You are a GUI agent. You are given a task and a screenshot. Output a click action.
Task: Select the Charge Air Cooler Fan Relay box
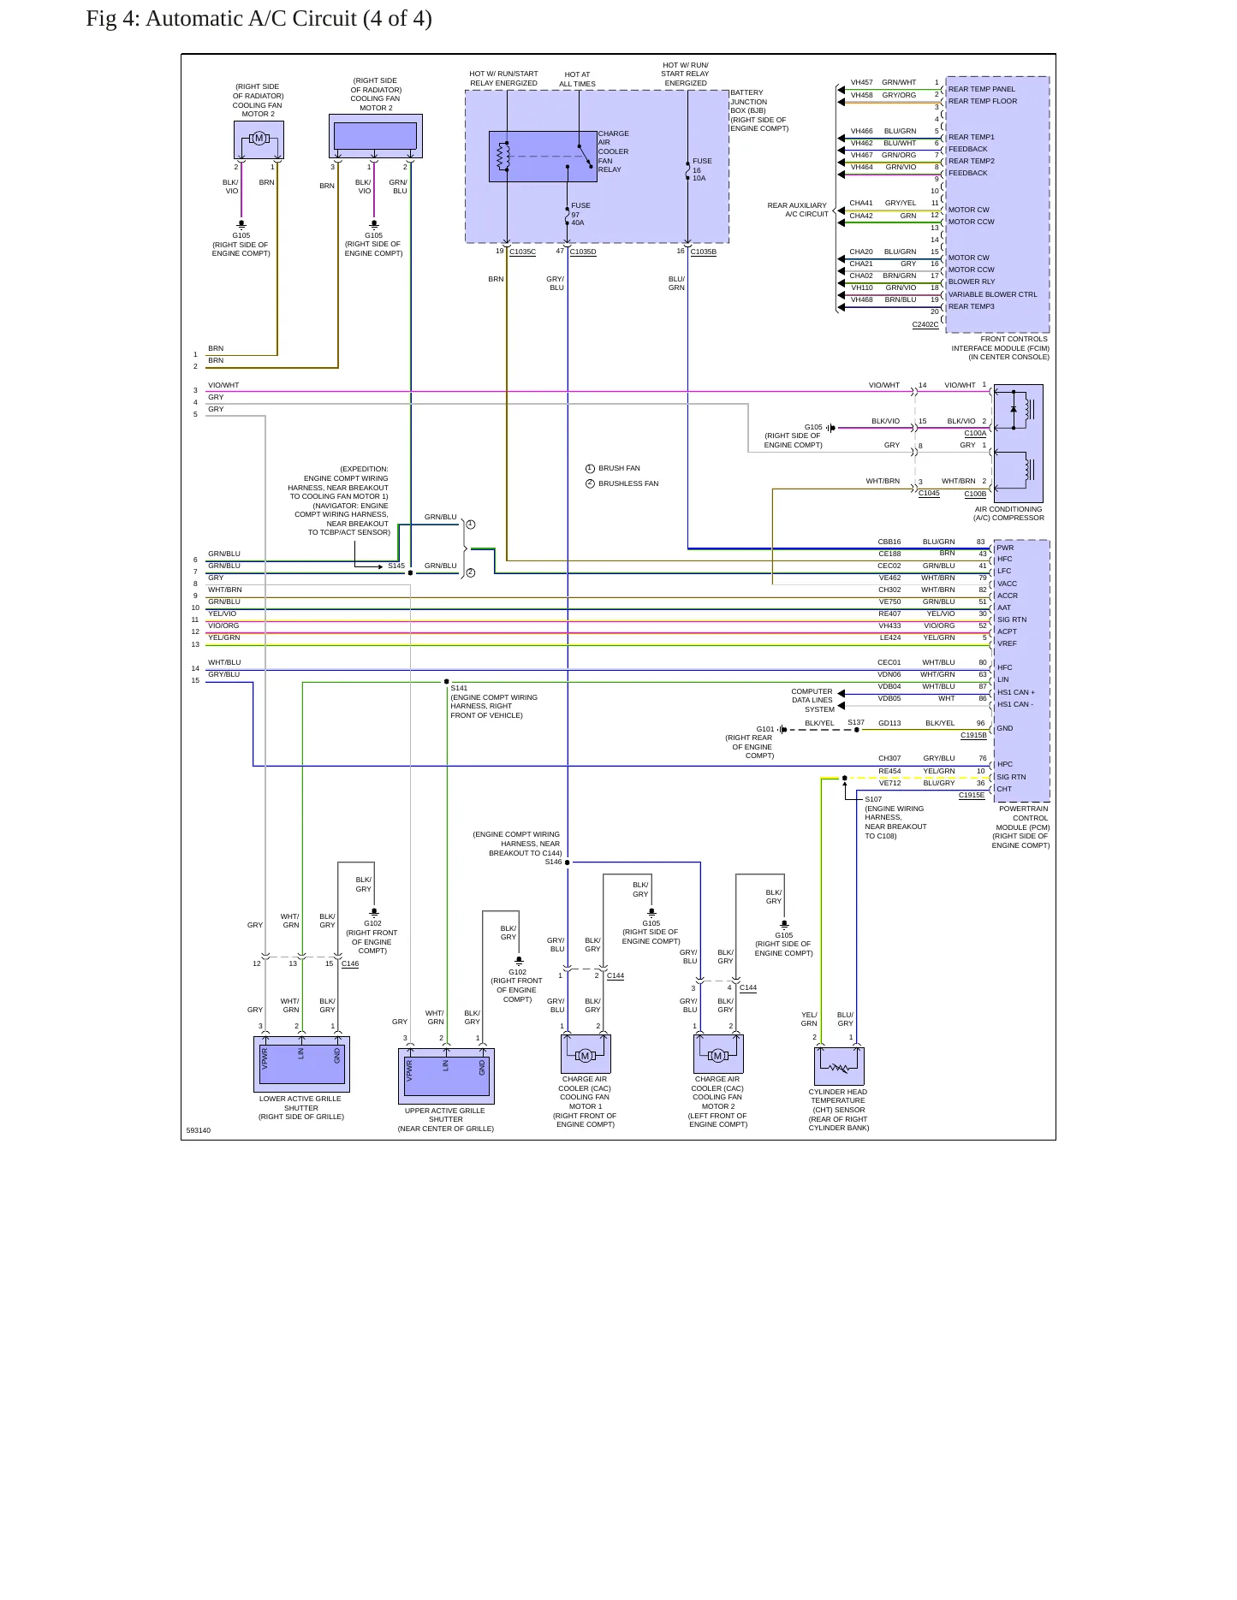point(543,157)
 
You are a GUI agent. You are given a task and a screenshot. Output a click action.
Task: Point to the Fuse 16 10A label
point(701,169)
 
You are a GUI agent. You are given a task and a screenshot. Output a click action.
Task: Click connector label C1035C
point(522,252)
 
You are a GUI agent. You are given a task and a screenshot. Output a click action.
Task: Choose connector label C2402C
point(925,325)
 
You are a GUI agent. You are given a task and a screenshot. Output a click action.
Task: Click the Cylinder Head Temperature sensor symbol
point(839,1066)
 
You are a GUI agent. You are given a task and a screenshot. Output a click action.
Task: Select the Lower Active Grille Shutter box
point(301,1064)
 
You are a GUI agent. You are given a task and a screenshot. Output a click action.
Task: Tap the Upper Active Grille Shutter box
point(446,1076)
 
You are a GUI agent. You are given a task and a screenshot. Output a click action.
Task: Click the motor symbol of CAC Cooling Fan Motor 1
point(586,1055)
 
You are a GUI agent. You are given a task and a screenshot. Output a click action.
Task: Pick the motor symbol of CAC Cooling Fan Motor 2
point(718,1055)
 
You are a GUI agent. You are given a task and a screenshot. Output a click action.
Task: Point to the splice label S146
point(553,862)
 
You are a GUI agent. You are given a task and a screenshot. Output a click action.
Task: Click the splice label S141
point(459,688)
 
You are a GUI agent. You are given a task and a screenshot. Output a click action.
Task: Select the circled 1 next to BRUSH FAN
point(590,469)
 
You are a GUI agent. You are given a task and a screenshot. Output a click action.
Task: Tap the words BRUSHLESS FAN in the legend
point(628,484)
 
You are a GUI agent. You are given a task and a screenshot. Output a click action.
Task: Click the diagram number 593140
point(198,1131)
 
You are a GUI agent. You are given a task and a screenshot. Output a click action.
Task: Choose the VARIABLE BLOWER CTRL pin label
point(992,294)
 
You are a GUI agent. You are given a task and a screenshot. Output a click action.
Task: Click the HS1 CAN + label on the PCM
point(1015,692)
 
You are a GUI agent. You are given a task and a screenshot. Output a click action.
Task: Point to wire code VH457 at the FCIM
point(861,83)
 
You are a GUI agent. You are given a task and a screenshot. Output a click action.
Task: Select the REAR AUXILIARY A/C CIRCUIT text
point(798,210)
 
